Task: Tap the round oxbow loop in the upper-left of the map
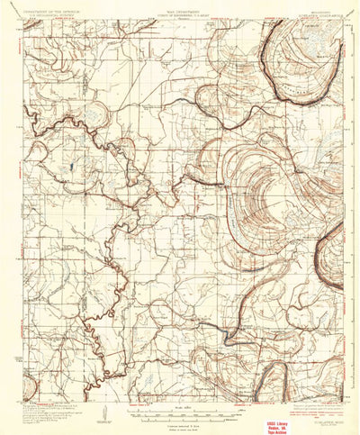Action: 97,115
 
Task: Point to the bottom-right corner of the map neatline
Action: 343,381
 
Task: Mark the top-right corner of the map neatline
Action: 343,23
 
